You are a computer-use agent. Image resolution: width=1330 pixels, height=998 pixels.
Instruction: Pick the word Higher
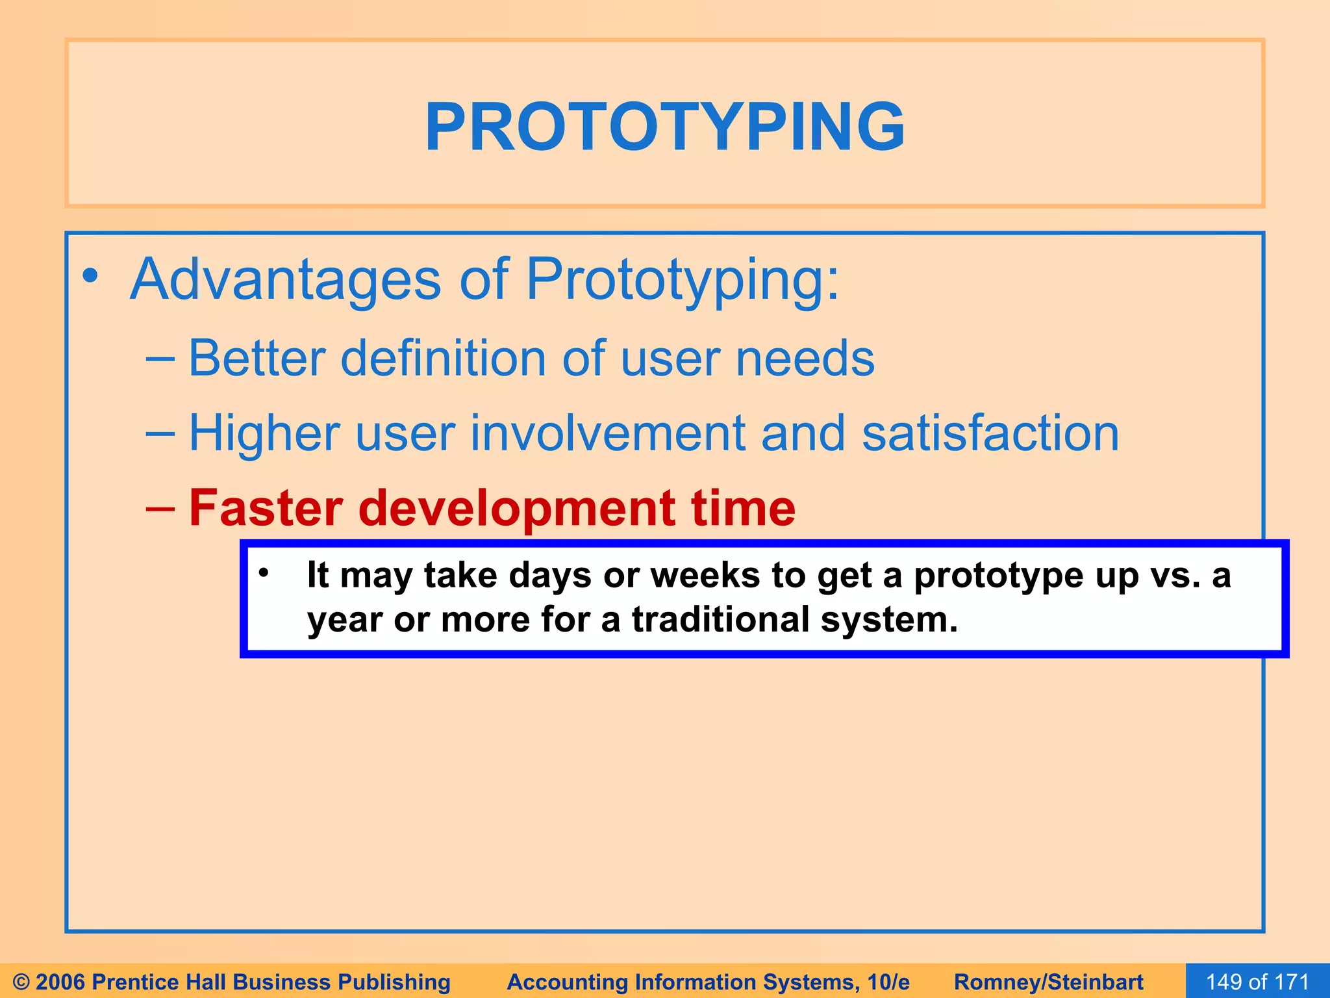(x=264, y=433)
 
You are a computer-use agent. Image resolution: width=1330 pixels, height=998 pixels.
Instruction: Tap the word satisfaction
(x=990, y=433)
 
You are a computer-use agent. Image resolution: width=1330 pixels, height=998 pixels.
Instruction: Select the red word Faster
(x=266, y=507)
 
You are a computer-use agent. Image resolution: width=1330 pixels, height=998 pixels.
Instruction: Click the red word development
(x=516, y=509)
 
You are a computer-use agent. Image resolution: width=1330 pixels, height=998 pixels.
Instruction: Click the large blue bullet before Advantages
(x=91, y=276)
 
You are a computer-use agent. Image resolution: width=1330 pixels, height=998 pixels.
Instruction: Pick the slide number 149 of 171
(x=1257, y=981)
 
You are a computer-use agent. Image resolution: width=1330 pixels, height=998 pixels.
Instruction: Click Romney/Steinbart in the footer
(x=1048, y=981)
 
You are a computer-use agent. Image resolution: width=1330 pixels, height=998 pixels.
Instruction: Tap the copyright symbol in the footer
(x=21, y=982)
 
